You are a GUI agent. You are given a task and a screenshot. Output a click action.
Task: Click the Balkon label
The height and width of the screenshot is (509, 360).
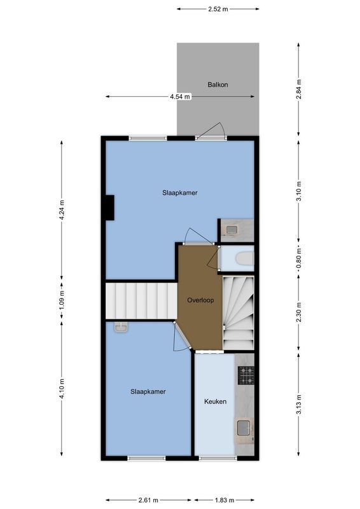(218, 85)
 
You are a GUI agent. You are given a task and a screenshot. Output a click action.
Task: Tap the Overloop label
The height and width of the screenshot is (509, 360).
(199, 300)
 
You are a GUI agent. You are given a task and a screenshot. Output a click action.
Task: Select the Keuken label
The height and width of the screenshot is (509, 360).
(215, 401)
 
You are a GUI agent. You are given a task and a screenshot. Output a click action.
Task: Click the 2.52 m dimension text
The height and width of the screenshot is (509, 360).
(218, 9)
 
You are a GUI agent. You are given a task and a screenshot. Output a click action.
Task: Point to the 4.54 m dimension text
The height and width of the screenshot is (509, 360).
(179, 97)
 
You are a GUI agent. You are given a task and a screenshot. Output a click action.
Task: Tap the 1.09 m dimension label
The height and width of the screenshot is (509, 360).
(62, 302)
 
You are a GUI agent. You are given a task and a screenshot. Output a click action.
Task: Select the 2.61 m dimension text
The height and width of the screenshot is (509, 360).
(148, 500)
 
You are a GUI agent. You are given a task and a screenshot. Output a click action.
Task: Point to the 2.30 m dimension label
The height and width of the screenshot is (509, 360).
(299, 313)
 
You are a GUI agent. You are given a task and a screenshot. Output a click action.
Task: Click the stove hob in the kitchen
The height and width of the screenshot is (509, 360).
(246, 375)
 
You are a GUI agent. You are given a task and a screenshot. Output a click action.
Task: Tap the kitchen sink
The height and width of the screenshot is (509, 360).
(244, 428)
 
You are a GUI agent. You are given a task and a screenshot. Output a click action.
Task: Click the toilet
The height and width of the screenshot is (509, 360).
(244, 258)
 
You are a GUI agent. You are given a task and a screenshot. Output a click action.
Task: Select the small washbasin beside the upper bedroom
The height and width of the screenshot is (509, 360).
(232, 230)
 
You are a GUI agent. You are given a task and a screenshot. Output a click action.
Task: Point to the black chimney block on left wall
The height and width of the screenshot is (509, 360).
(109, 207)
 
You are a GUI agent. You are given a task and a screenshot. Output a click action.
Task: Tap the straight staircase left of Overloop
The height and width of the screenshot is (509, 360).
(141, 301)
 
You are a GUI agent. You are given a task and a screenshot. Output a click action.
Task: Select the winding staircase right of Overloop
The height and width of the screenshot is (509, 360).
(239, 312)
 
